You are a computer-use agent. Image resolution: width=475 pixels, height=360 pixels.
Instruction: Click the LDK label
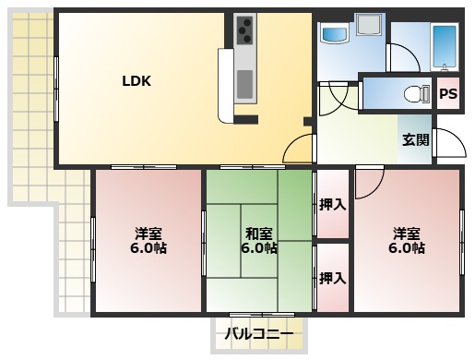pos(137,80)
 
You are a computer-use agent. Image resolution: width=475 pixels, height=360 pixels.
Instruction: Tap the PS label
pos(447,93)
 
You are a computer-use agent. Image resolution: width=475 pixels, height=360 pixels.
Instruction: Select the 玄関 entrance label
pos(415,140)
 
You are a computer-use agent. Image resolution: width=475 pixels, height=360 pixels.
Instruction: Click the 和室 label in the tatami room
pos(258,233)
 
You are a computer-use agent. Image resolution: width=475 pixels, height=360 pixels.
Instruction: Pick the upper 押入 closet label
pos(332,204)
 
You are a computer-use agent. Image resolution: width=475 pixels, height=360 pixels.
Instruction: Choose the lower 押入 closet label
pos(332,278)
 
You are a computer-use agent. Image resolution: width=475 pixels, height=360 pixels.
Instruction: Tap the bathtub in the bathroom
pos(445,46)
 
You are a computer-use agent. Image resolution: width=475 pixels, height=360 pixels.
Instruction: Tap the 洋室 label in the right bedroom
pos(406,233)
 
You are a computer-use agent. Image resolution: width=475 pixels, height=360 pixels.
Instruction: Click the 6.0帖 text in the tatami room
pos(258,248)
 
